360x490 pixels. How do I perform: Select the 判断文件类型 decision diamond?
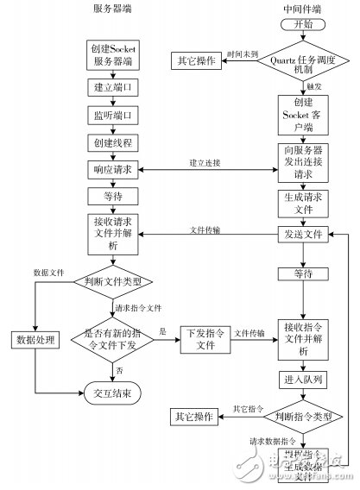(x=112, y=281)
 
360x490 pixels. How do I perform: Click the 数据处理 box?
(x=34, y=339)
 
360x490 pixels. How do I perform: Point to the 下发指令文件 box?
(x=205, y=338)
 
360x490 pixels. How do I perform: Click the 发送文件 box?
(x=302, y=235)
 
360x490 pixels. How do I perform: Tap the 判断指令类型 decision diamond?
(x=302, y=416)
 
